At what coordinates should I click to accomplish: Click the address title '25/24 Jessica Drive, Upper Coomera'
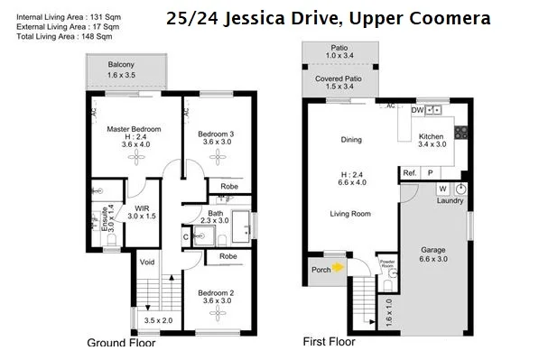pos(329,18)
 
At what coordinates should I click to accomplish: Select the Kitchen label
pos(432,137)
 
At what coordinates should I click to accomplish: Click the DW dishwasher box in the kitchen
pos(417,110)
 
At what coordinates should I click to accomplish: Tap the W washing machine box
pos(442,189)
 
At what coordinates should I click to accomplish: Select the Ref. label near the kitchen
pos(410,172)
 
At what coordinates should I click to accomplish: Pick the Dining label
pos(350,140)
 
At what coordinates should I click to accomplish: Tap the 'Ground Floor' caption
pos(121,343)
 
